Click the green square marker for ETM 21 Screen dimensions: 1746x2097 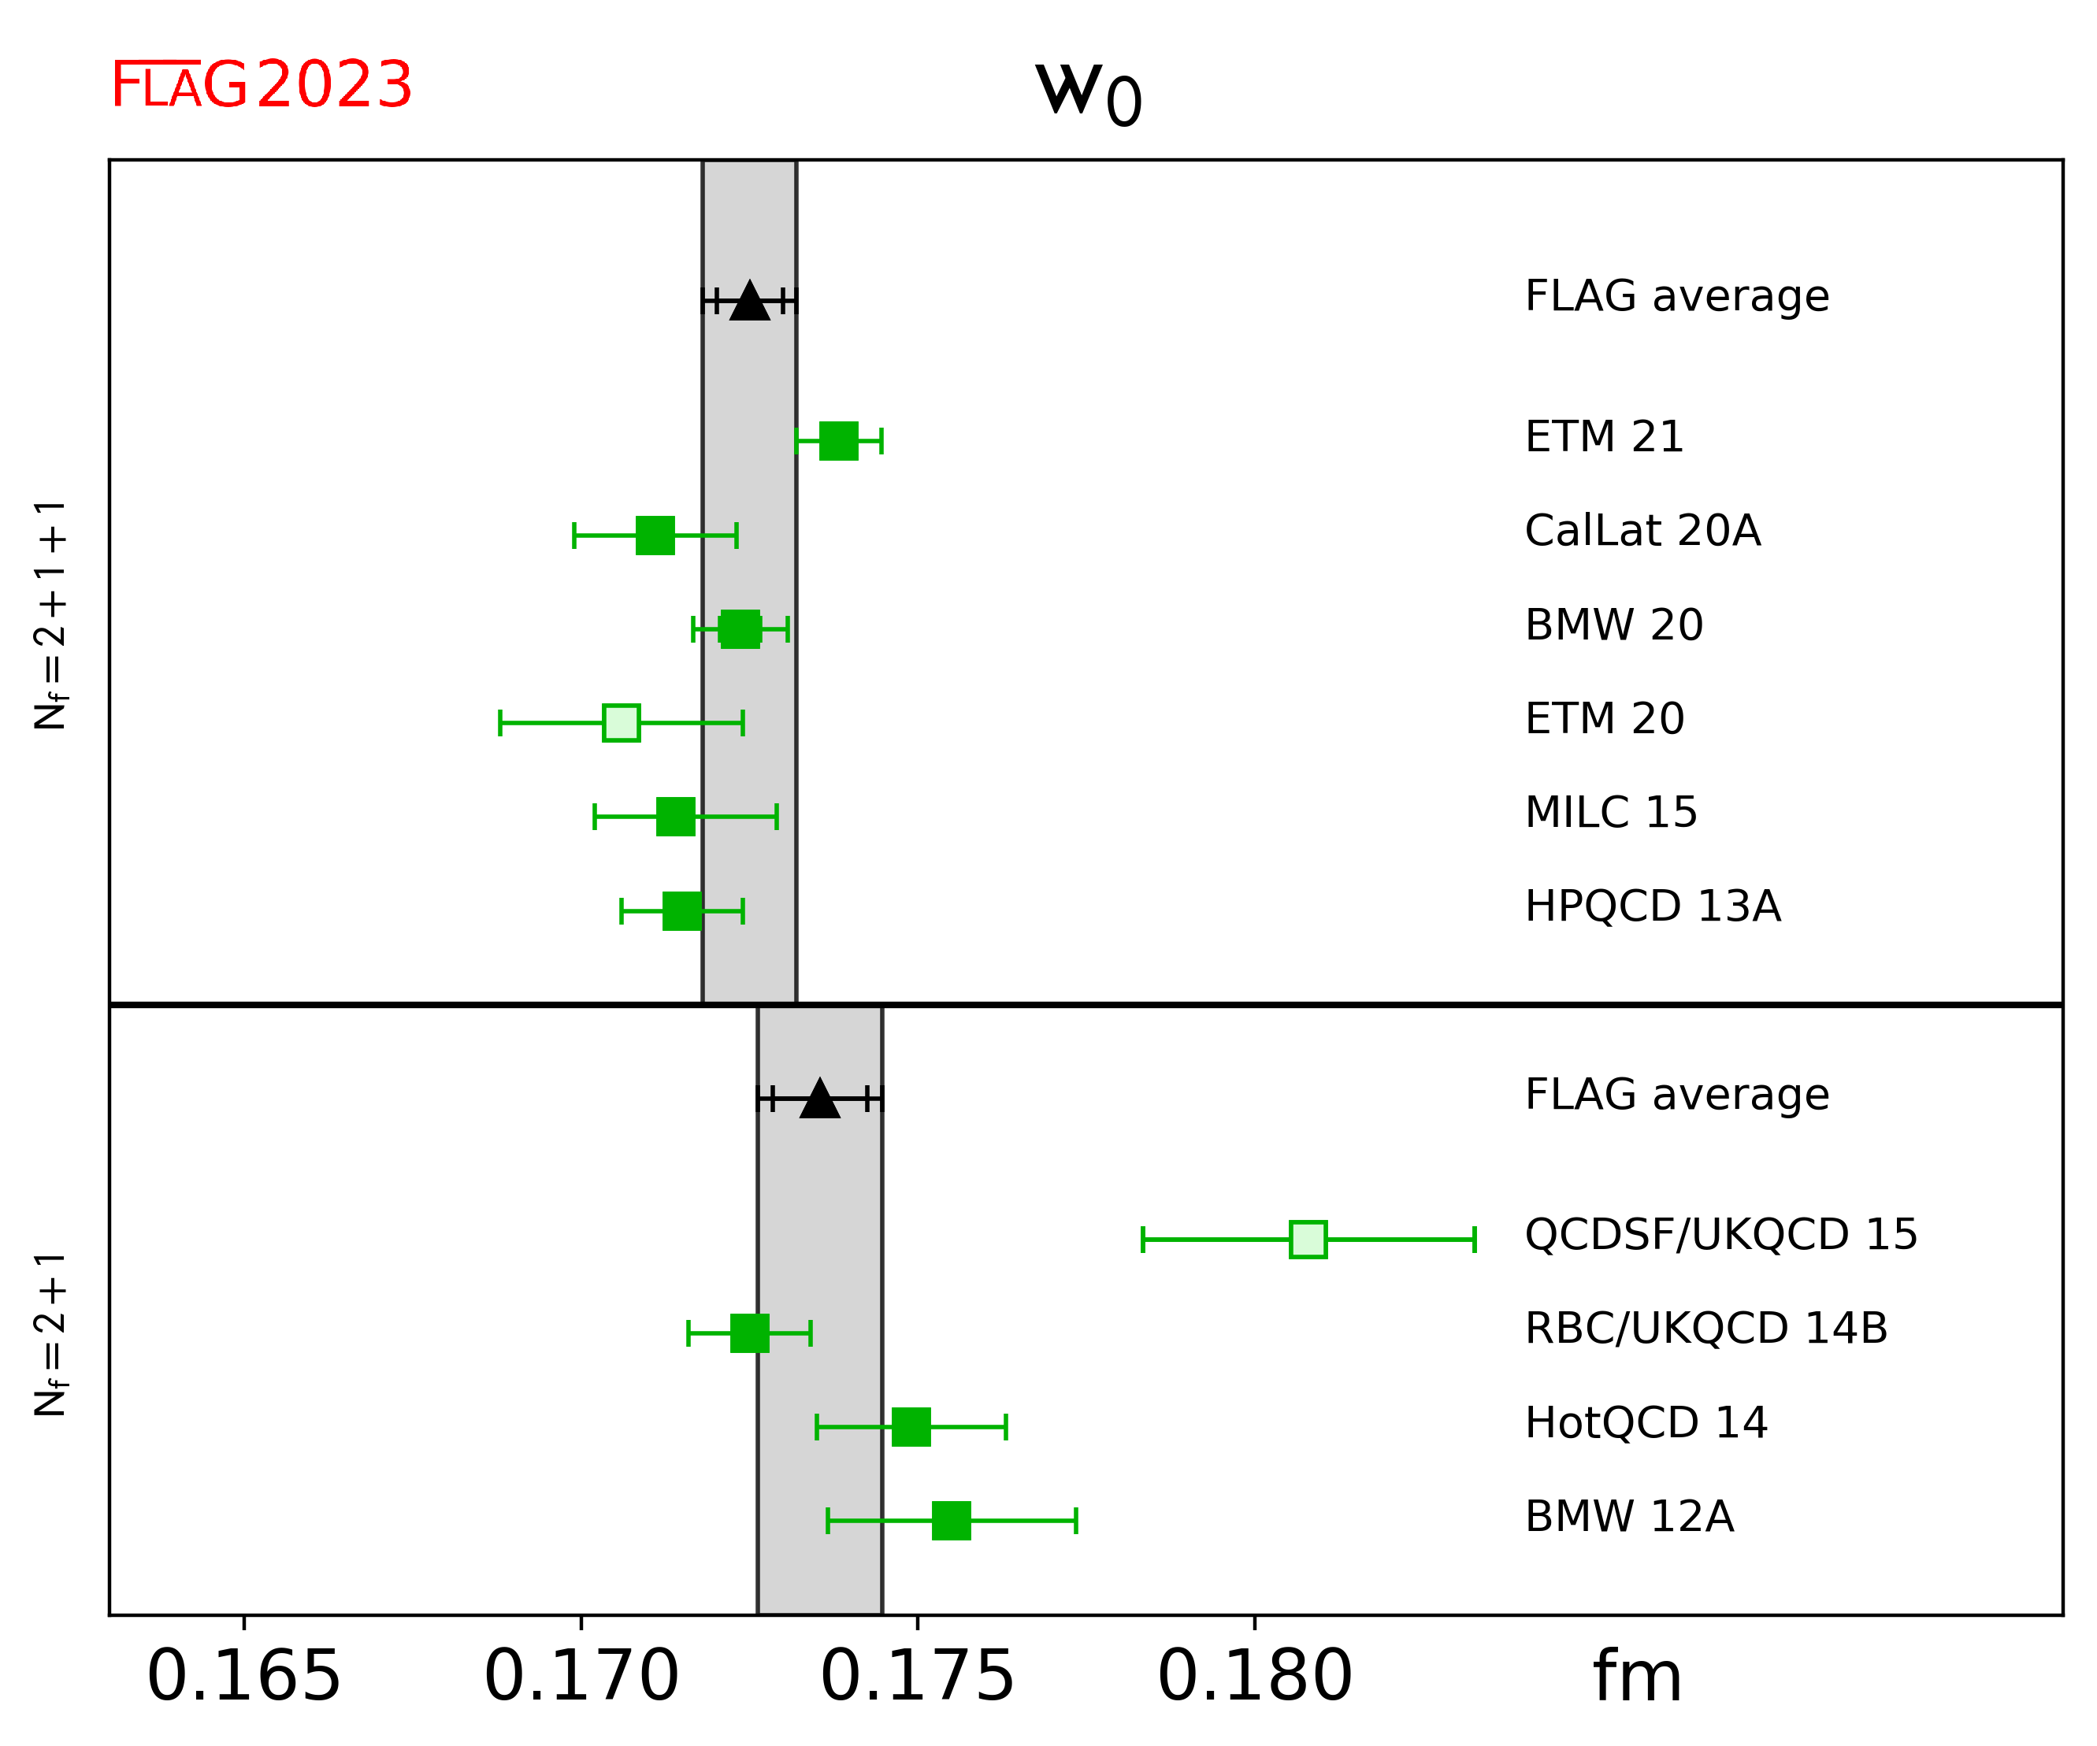pos(838,440)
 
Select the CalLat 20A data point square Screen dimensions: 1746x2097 pos(655,535)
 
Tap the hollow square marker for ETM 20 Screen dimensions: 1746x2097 pos(621,723)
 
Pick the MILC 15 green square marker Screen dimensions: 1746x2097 pos(675,817)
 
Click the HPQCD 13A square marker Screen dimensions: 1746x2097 pos(682,910)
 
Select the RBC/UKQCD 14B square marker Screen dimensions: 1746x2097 pos(749,1333)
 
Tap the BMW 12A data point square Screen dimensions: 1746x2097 pos(951,1521)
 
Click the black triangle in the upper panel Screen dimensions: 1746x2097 pos(749,302)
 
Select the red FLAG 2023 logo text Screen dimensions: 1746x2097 pos(261,85)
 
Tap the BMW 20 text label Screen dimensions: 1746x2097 pos(1613,625)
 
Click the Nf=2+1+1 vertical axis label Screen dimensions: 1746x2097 pos(50,615)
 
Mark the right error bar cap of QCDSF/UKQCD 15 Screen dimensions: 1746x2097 pos(1474,1239)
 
